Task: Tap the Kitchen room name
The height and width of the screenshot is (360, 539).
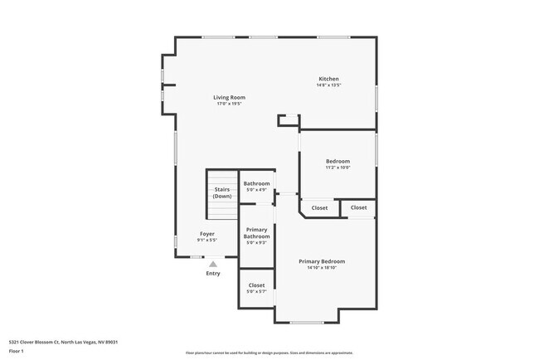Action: tap(328, 79)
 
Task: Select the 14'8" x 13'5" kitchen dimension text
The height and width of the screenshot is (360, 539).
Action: tap(328, 85)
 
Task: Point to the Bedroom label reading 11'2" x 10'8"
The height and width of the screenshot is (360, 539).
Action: tap(337, 161)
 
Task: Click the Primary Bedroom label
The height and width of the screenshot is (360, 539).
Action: tap(322, 261)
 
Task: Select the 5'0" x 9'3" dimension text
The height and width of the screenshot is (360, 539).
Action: tap(256, 243)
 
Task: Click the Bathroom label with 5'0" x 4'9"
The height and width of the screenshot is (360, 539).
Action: tap(256, 183)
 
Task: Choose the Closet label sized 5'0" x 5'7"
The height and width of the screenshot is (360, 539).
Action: tap(256, 285)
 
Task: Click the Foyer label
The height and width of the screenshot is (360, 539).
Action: tap(206, 234)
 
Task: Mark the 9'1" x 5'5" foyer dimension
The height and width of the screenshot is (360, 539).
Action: tap(206, 241)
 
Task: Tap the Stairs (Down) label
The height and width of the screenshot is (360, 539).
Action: tap(222, 192)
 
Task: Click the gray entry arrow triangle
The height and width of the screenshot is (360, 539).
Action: tap(212, 264)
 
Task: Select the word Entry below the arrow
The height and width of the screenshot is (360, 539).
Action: tap(213, 274)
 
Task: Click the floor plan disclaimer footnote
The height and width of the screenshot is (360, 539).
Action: tap(269, 353)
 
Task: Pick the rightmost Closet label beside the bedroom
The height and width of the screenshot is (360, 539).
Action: tap(359, 207)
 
